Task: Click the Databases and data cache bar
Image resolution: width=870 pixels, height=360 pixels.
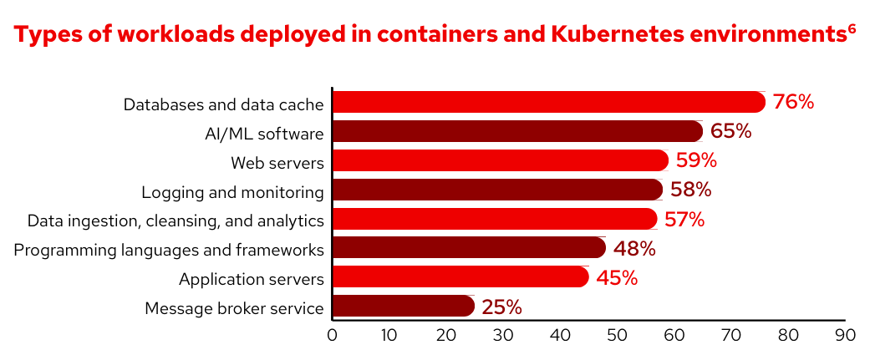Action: pos(548,102)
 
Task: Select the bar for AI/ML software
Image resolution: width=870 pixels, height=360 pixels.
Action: pos(517,131)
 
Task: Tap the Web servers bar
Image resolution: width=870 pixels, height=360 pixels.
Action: pos(500,160)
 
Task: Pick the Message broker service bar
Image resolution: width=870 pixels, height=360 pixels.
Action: pos(403,307)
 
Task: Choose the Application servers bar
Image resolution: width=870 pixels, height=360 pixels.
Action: pos(460,277)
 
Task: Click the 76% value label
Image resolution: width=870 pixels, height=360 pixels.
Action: pos(793,102)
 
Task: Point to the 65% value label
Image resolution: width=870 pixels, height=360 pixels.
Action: pos(731,131)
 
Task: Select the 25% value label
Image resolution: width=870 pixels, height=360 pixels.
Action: pos(502,307)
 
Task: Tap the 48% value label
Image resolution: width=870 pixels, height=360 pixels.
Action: pos(634,248)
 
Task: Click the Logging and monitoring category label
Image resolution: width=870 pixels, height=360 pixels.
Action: pos(232,192)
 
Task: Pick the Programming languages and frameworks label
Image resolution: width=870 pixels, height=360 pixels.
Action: pos(169,250)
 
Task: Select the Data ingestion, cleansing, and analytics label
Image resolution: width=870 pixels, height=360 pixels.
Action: pos(176,221)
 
